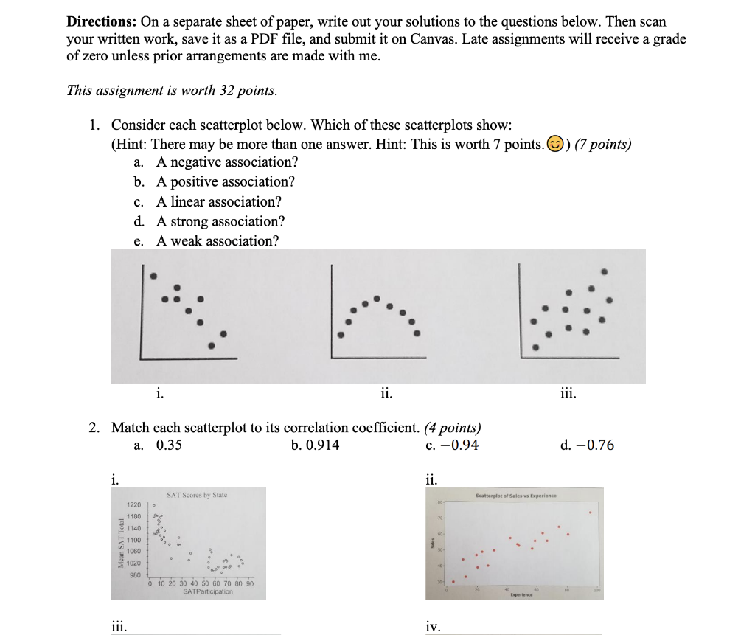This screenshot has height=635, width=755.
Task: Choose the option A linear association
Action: coord(218,202)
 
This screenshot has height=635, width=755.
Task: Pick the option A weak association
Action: coord(218,241)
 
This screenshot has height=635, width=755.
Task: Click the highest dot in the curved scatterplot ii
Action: coord(377,299)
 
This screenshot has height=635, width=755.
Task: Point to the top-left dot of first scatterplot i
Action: coord(153,276)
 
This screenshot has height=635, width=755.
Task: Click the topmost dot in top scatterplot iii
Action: coord(605,271)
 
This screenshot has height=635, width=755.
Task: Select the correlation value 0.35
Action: coord(169,445)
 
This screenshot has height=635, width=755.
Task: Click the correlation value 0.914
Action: coord(323,445)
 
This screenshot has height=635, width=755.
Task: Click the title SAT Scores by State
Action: coord(197,495)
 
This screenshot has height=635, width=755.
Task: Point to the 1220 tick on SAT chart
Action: coord(133,505)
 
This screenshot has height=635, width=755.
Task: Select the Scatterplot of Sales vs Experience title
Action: coord(516,496)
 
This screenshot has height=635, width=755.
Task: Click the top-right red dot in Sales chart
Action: coord(589,512)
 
